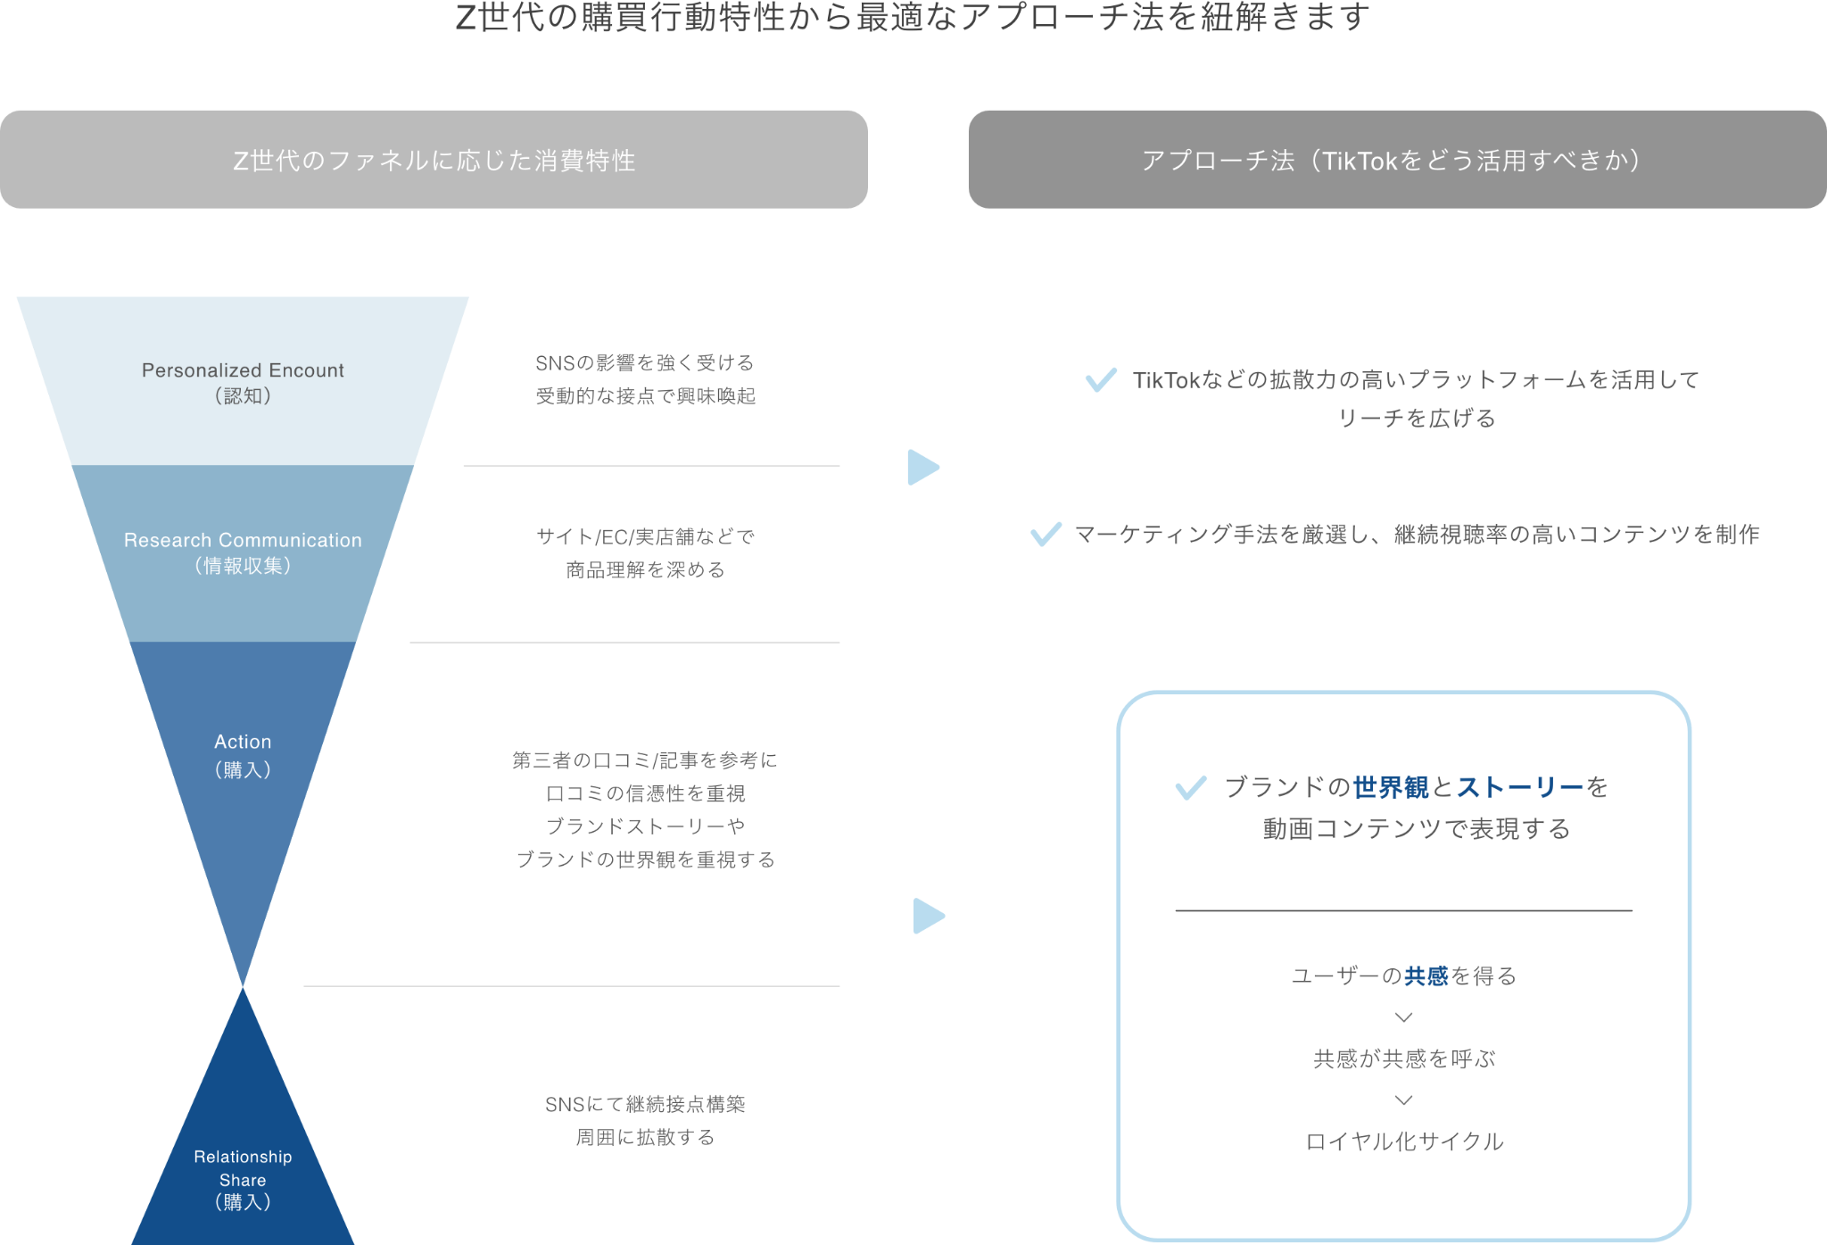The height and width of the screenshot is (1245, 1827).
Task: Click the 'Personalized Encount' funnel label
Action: pyautogui.click(x=243, y=370)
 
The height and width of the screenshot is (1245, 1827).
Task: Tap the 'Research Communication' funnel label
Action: pyautogui.click(x=243, y=540)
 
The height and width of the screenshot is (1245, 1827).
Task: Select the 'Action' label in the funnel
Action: pyautogui.click(x=243, y=742)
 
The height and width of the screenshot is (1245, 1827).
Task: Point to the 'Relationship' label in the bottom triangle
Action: pyautogui.click(x=243, y=1157)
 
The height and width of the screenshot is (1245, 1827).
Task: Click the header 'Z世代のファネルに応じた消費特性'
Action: pyautogui.click(x=434, y=161)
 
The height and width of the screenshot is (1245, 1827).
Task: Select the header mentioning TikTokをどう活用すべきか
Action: pyautogui.click(x=1396, y=161)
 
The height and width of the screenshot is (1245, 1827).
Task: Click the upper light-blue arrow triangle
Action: pyautogui.click(x=922, y=467)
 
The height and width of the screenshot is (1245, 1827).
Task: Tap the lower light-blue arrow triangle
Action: pyautogui.click(x=927, y=916)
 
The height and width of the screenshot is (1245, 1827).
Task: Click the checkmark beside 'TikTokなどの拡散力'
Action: pyautogui.click(x=1101, y=379)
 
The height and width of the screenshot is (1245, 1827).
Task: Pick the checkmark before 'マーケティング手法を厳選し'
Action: pyautogui.click(x=1046, y=534)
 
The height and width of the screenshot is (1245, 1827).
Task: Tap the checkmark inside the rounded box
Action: pyautogui.click(x=1191, y=787)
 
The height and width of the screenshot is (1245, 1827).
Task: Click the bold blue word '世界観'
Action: pyautogui.click(x=1390, y=787)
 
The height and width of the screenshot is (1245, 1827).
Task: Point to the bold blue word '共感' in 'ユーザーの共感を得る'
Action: pyautogui.click(x=1426, y=976)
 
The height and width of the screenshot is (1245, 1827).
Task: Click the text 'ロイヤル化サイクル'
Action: pyautogui.click(x=1404, y=1141)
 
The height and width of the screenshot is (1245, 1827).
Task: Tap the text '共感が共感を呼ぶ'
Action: pyautogui.click(x=1404, y=1059)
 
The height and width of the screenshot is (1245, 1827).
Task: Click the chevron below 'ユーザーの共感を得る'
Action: pyautogui.click(x=1403, y=1017)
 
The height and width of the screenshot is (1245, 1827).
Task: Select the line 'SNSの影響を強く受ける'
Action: pyautogui.click(x=644, y=363)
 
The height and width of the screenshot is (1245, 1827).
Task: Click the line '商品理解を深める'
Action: pyautogui.click(x=645, y=570)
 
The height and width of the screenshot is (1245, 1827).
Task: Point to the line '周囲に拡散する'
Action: pyautogui.click(x=645, y=1138)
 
